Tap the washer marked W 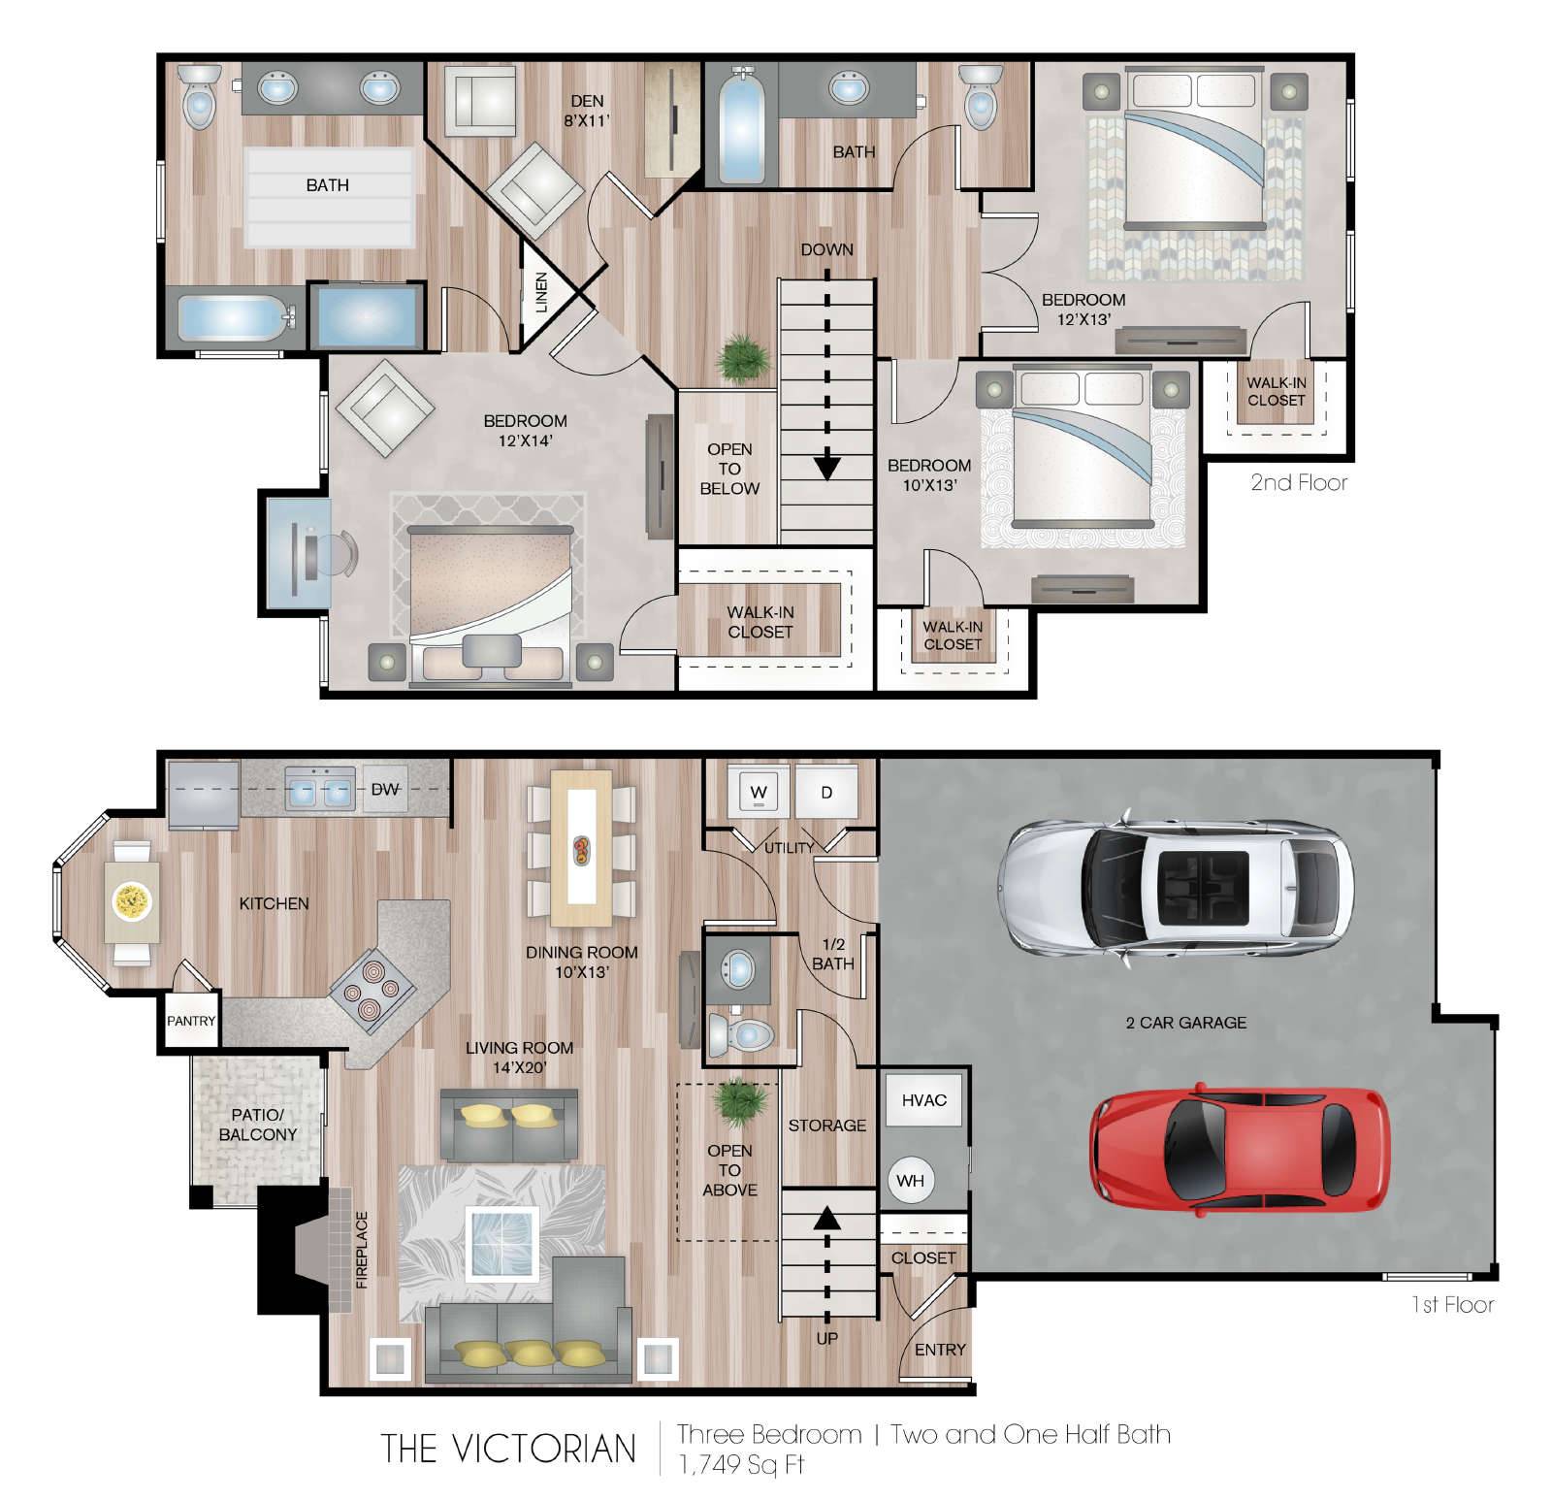[759, 792]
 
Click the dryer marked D [826, 792]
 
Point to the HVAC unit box [923, 1099]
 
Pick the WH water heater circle [910, 1181]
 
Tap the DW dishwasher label [385, 789]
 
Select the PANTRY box [191, 1021]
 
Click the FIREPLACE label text [362, 1249]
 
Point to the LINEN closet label [541, 292]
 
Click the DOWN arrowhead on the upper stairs [826, 468]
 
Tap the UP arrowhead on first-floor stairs [826, 1217]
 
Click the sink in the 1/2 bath [739, 968]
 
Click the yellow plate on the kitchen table [131, 901]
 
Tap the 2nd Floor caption [1299, 482]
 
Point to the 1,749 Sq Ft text [741, 1465]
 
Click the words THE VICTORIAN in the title [509, 1448]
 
